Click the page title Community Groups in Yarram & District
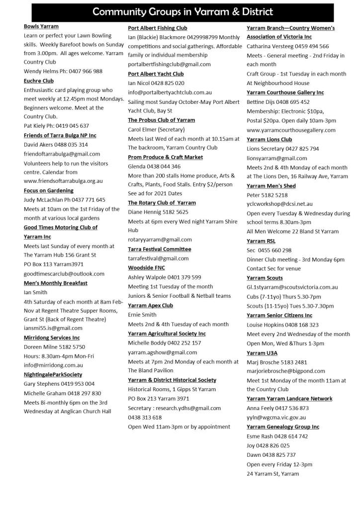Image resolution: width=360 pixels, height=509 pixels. [182, 11]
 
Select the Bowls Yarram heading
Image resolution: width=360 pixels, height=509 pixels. [41, 26]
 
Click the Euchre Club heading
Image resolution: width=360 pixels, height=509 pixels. [39, 81]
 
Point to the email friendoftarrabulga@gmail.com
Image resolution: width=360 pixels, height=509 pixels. [62, 154]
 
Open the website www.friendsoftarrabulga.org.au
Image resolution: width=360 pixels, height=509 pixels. [63, 181]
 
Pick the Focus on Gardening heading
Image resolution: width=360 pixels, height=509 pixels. [49, 190]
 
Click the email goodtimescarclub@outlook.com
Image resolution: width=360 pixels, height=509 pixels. [64, 274]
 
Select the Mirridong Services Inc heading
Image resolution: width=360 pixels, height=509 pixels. [52, 338]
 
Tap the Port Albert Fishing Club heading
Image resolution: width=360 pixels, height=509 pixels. [158, 28]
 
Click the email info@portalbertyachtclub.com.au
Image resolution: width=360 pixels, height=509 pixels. [171, 92]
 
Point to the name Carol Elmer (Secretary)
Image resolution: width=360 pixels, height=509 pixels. [155, 129]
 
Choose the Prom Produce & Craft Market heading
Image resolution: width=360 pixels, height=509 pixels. [165, 157]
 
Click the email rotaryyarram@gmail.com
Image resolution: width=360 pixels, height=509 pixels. [160, 240]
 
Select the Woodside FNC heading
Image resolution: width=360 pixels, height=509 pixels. [146, 267]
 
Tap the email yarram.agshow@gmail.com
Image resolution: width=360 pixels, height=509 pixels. [163, 352]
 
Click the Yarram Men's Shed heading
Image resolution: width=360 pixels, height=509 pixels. [271, 185]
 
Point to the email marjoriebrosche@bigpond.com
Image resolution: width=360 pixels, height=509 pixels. [286, 371]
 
